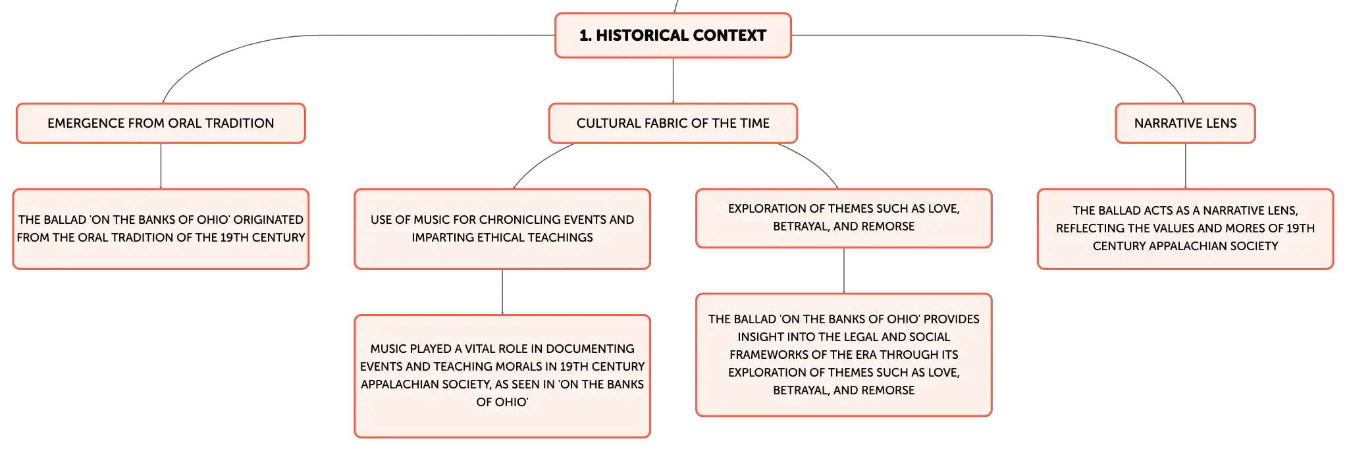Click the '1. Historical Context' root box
point(673,36)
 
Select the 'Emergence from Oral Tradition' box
point(161,123)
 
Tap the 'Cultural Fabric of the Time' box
point(673,123)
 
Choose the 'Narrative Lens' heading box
point(1185,123)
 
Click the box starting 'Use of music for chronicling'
point(502,229)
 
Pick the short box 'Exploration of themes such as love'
point(844,219)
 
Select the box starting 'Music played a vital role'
point(502,376)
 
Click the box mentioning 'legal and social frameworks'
point(844,355)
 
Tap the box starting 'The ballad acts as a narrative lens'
point(1185,229)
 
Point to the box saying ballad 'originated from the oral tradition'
point(161,229)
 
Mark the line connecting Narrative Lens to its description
point(1186,166)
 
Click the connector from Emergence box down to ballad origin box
point(161,166)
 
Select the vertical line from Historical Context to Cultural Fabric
point(673,80)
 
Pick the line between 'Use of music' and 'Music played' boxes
point(502,292)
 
